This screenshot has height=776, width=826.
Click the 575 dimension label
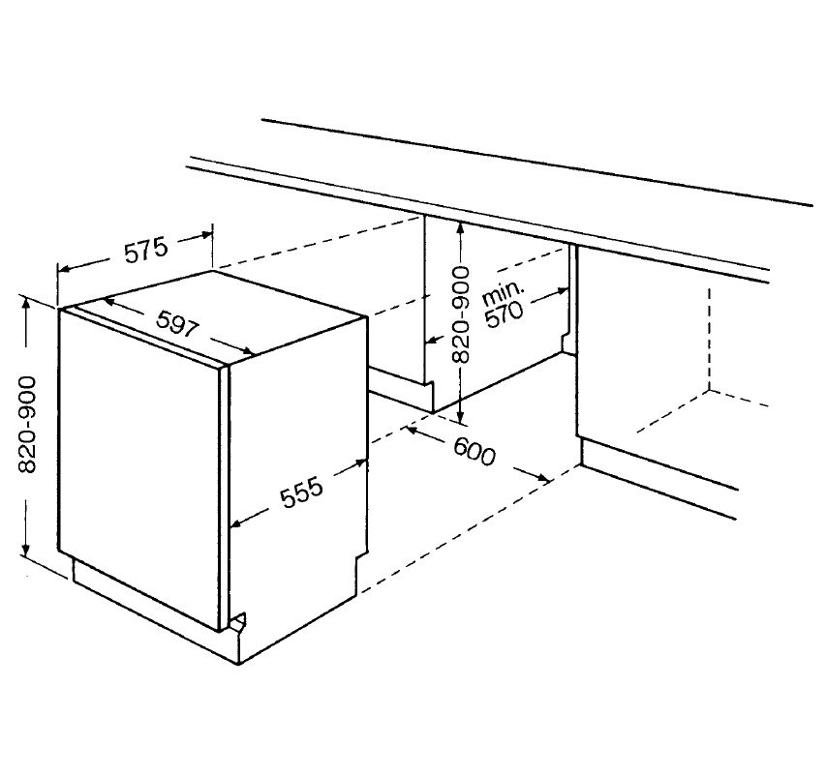pyautogui.click(x=146, y=250)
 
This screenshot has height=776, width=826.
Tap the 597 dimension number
pyautogui.click(x=178, y=324)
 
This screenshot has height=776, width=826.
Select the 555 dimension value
pyautogui.click(x=301, y=492)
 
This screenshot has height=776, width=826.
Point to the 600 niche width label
pyautogui.click(x=474, y=452)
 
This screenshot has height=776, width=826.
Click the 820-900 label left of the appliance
pyautogui.click(x=26, y=425)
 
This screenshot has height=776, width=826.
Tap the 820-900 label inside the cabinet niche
pyautogui.click(x=460, y=314)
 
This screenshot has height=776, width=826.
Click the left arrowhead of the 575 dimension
pyautogui.click(x=64, y=270)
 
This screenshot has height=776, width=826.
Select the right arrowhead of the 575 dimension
pyautogui.click(x=205, y=235)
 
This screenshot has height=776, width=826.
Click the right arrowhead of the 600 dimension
pyautogui.click(x=541, y=478)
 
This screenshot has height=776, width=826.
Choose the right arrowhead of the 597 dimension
pyautogui.click(x=248, y=350)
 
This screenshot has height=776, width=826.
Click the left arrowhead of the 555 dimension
pyautogui.click(x=238, y=522)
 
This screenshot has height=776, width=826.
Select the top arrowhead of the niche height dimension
pyautogui.click(x=460, y=229)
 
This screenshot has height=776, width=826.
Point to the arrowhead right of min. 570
pyautogui.click(x=562, y=291)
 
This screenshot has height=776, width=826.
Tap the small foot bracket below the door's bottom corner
pyautogui.click(x=237, y=622)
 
